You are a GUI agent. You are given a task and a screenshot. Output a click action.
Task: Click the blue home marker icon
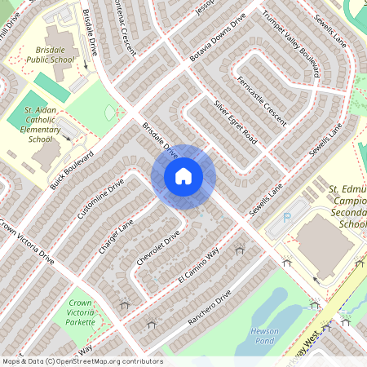[183, 175]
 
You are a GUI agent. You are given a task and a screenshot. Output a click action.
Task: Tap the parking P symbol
[286, 219]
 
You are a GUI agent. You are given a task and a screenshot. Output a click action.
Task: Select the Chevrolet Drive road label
[158, 250]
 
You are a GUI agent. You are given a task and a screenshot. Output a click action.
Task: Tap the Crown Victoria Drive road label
[27, 241]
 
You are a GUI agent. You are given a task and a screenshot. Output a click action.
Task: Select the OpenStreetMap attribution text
[82, 360]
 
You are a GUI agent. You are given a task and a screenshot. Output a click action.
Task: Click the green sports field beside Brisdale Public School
[53, 87]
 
